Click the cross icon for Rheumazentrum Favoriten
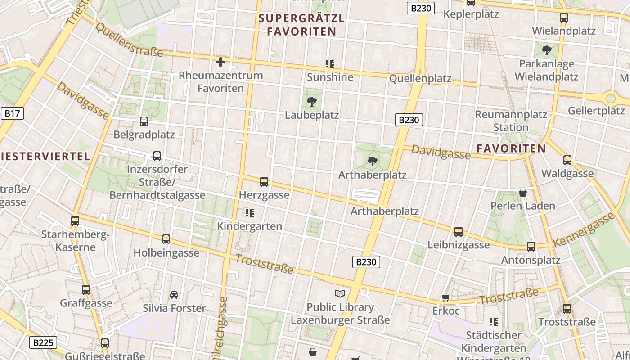click(220, 62)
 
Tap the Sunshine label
click(330, 77)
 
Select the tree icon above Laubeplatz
click(311, 102)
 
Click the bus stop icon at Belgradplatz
click(144, 121)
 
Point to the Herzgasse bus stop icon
click(264, 182)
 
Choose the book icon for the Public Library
click(340, 294)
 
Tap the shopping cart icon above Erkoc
click(445, 297)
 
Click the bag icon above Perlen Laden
click(523, 193)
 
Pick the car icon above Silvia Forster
click(174, 295)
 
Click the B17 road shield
click(12, 113)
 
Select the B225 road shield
click(44, 343)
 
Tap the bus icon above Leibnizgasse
click(459, 232)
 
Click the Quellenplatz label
click(420, 79)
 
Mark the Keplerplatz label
click(471, 14)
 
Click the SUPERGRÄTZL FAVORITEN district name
click(301, 25)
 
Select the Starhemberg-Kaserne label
click(75, 241)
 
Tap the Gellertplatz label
click(596, 111)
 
